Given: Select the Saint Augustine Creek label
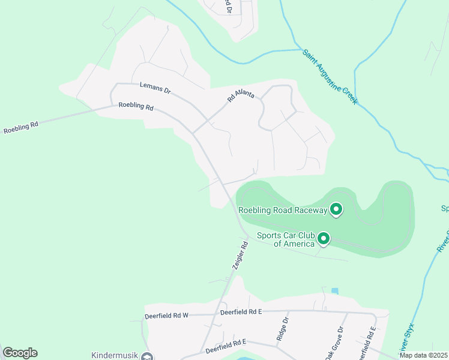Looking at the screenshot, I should coord(330,76).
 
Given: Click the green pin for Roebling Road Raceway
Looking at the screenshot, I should coord(336,209).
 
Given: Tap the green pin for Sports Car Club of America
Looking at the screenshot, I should coord(324,239).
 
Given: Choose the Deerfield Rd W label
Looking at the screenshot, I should coord(166,316).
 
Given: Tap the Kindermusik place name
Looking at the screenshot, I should coord(113,355).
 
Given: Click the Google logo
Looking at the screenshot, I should coord(20,353).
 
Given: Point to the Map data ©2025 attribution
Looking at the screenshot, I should coord(423,355).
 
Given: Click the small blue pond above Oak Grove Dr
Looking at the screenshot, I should coord(334,291).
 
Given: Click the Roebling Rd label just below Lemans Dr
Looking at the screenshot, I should coord(136,107).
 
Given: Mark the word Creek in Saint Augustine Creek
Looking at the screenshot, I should coord(349,95).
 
